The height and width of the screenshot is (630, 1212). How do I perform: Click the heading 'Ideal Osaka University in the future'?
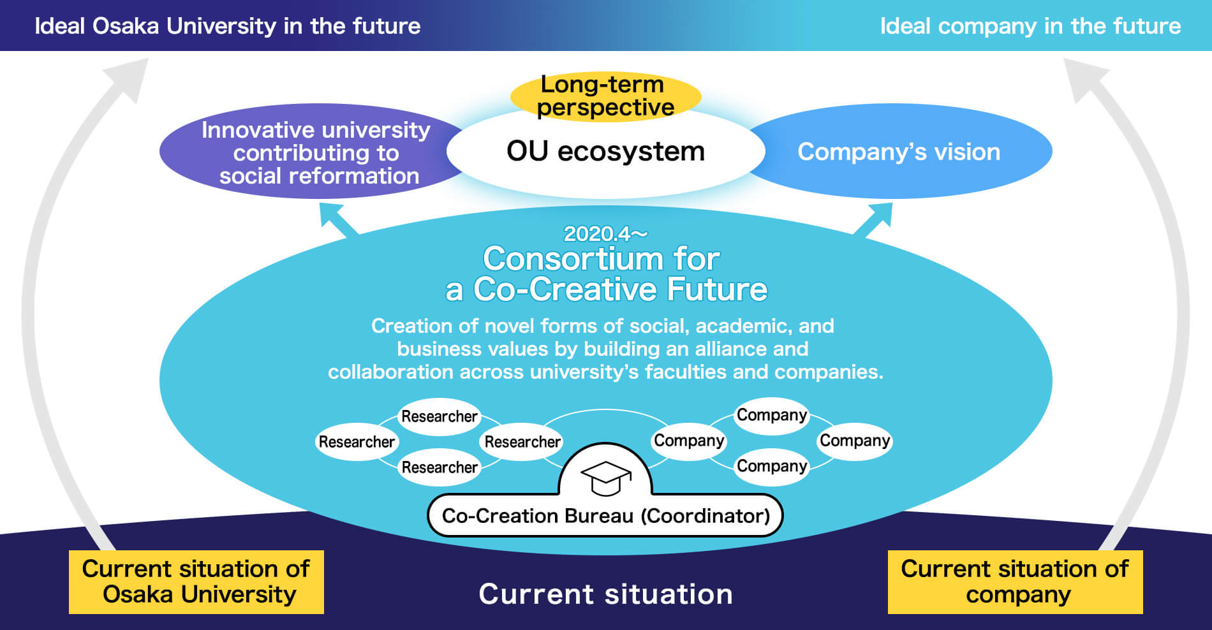pos(228,26)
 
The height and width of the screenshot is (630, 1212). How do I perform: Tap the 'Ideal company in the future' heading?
pos(1030,26)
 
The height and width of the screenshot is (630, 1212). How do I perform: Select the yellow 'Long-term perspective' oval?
pos(605,96)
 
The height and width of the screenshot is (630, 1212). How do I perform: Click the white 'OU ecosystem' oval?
pos(605,152)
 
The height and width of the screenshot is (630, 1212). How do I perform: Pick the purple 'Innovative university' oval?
pos(316,152)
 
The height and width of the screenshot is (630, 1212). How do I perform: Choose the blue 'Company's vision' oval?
pos(899,152)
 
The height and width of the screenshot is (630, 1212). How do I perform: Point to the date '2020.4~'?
pos(605,234)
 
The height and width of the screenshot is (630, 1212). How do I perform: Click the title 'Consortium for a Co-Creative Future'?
pos(605,274)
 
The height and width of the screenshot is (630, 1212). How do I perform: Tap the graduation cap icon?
pos(606,478)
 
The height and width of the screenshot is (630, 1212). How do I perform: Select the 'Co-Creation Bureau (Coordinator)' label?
pos(605,515)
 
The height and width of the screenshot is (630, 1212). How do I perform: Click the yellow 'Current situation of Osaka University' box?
pos(196,582)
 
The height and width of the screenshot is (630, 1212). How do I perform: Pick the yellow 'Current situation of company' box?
pos(1015,582)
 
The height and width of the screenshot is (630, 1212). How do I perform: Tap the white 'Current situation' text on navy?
pos(605,594)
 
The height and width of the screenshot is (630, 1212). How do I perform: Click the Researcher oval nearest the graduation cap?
pos(522,441)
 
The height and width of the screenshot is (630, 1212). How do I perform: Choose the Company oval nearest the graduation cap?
pos(689,441)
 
